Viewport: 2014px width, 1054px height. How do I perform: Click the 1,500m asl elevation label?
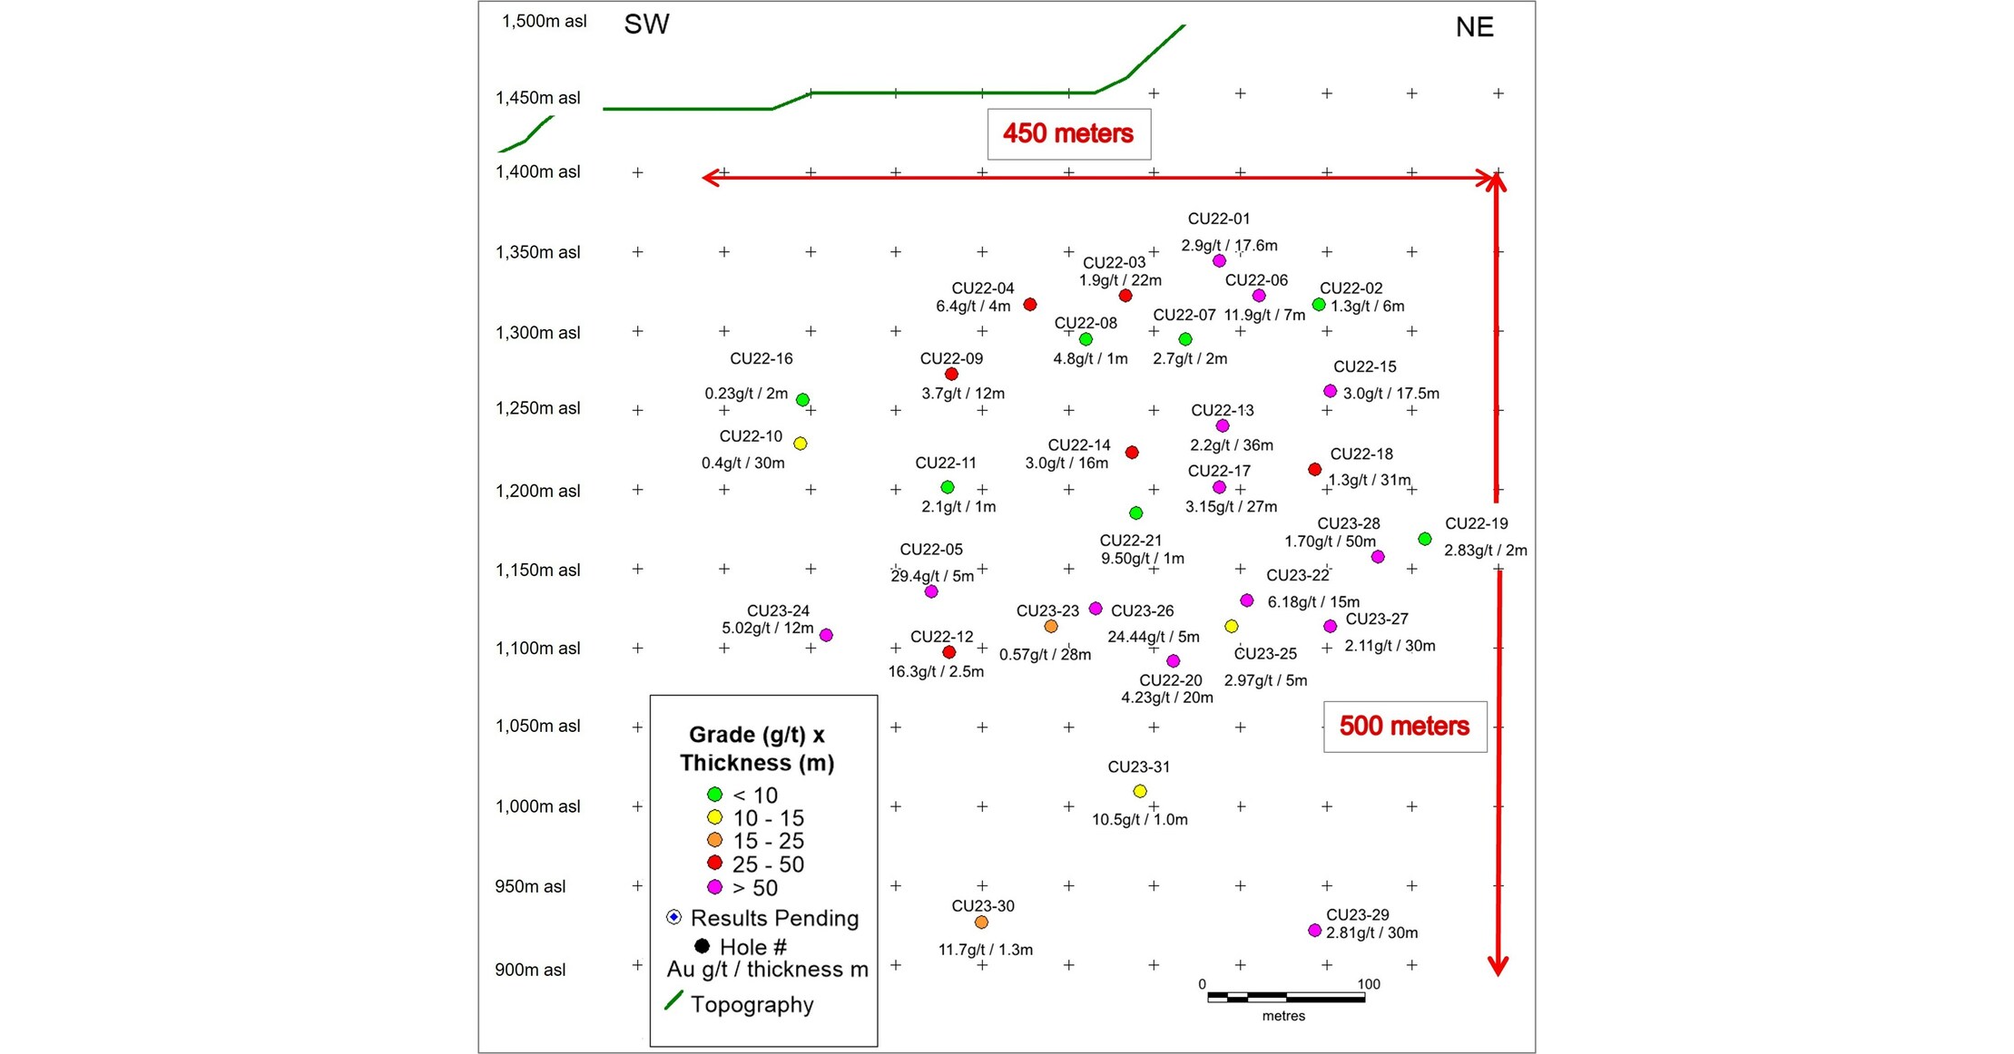[545, 21]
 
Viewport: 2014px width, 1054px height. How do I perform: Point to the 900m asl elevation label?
[530, 970]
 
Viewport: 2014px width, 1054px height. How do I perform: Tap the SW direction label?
[646, 24]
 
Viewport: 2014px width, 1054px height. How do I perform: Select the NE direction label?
[1474, 27]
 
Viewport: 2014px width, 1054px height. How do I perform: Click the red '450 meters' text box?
[1068, 134]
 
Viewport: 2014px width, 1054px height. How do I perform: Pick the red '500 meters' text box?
[1404, 727]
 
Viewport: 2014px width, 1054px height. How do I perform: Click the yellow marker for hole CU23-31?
[1140, 791]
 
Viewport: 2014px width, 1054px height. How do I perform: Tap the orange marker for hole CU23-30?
[981, 922]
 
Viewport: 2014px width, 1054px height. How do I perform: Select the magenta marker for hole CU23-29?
[1314, 931]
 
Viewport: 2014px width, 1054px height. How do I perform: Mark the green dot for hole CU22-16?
[802, 400]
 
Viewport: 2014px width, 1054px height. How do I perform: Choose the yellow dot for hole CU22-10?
[801, 444]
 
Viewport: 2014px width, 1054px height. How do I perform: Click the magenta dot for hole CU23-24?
[826, 635]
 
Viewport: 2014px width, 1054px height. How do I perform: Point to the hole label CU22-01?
[1219, 219]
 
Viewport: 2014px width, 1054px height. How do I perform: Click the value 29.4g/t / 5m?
[932, 576]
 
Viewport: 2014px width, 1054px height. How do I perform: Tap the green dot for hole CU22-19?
[1425, 539]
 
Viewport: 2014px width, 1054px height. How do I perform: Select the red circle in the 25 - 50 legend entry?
[715, 863]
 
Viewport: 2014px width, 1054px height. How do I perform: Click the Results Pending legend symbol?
[673, 917]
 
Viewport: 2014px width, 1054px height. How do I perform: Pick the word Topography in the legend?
[752, 1005]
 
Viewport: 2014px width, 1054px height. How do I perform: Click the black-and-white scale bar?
[1286, 998]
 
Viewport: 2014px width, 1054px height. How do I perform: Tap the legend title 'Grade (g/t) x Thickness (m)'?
[757, 748]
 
